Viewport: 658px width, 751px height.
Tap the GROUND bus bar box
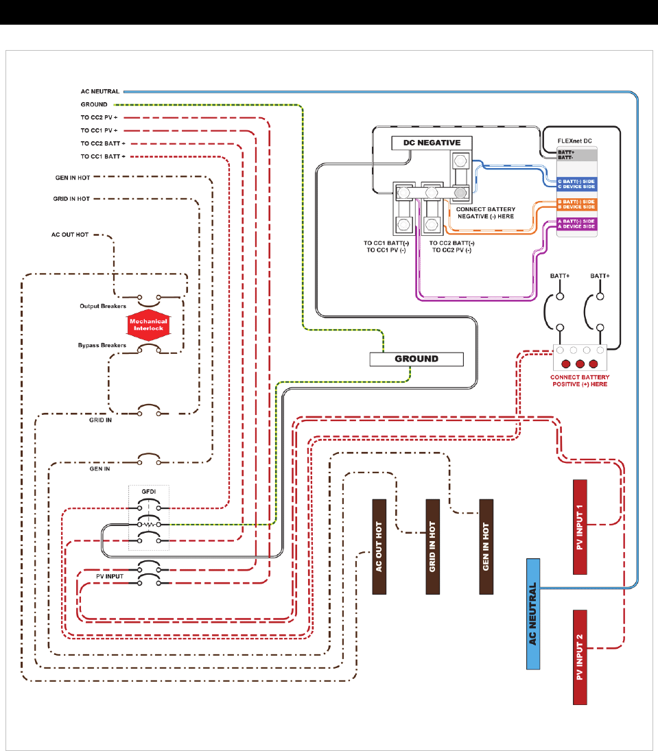pyautogui.click(x=416, y=359)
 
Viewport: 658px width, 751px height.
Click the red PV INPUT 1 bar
pyautogui.click(x=580, y=527)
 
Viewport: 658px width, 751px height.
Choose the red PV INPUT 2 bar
pyautogui.click(x=580, y=656)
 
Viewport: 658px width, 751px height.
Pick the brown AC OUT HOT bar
pyautogui.click(x=379, y=546)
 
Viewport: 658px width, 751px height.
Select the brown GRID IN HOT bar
pyautogui.click(x=432, y=546)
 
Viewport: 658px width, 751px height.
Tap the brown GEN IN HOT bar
pyautogui.click(x=486, y=546)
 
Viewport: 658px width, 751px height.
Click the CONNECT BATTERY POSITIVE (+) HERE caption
pyautogui.click(x=579, y=380)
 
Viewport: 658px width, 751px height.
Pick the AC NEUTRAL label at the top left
pyautogui.click(x=99, y=91)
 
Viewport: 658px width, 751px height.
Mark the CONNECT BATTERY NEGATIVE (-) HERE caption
pyautogui.click(x=485, y=212)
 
